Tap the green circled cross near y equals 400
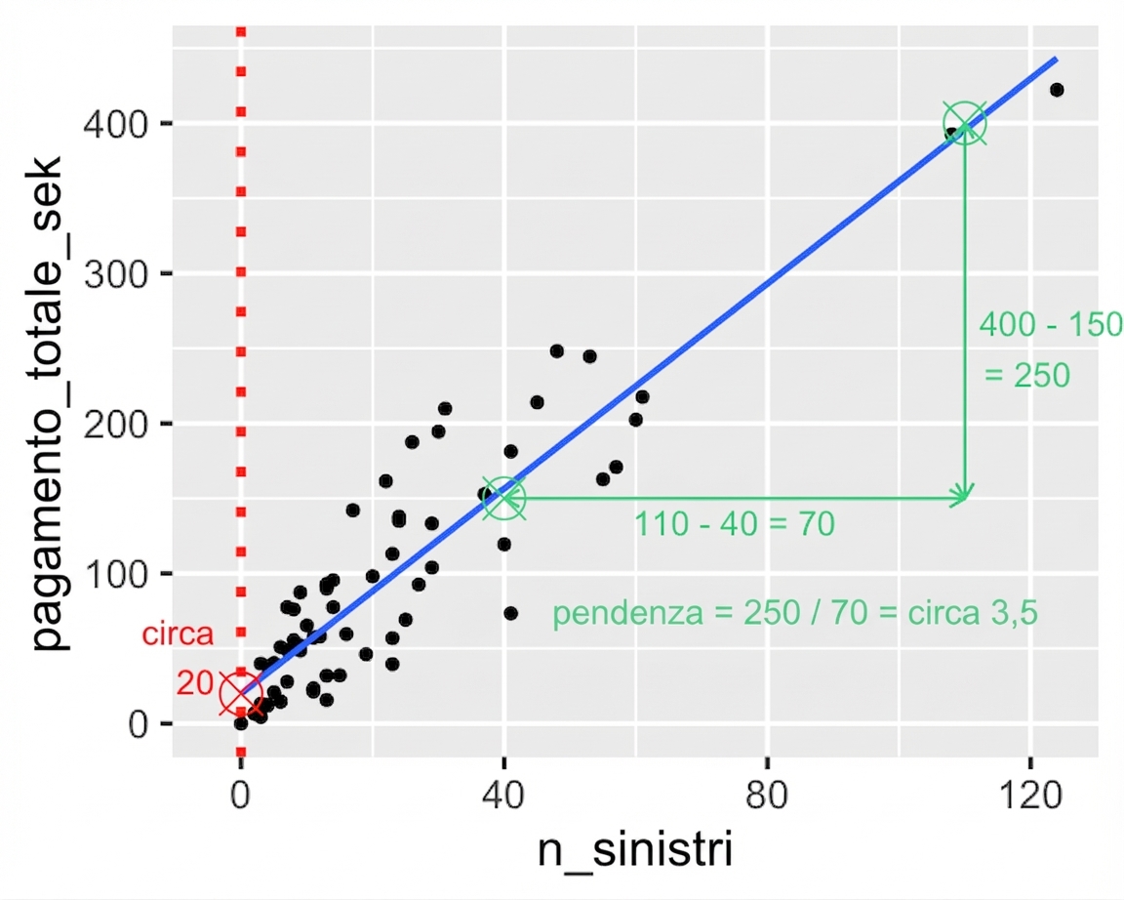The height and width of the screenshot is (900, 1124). click(965, 124)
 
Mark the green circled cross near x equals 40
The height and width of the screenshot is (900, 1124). click(504, 498)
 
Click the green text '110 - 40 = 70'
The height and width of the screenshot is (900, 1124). click(735, 525)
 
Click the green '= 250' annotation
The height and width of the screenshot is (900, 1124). click(1026, 375)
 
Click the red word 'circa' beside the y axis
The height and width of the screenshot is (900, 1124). click(178, 635)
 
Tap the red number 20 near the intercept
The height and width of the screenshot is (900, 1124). click(195, 684)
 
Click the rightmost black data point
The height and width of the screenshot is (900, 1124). click(1056, 90)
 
